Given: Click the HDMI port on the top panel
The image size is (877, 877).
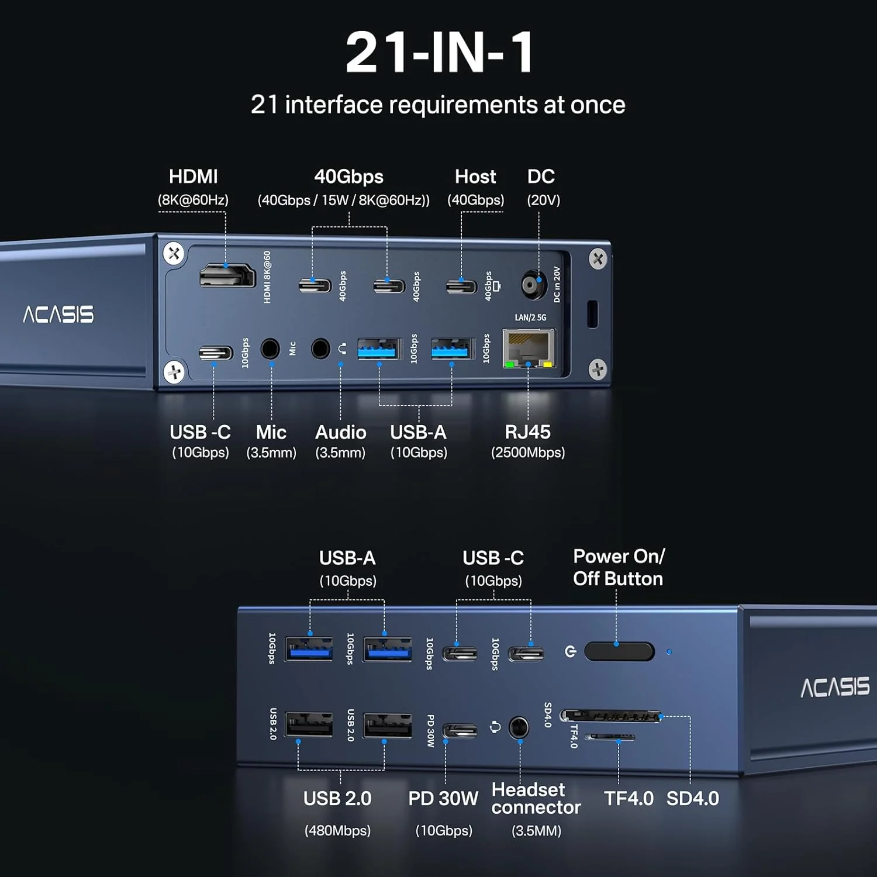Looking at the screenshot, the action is tap(227, 275).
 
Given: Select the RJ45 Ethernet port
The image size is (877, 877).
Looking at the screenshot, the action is tap(529, 348).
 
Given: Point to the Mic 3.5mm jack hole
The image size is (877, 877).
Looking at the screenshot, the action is tap(270, 348).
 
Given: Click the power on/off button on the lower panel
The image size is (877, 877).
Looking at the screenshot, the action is tap(619, 651).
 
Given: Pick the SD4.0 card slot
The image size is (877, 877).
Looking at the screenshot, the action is tap(611, 715).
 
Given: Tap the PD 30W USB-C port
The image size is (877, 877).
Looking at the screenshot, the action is tap(460, 730).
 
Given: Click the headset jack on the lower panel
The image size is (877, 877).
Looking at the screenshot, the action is tap(519, 728).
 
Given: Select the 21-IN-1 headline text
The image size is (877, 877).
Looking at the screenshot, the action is tap(439, 52).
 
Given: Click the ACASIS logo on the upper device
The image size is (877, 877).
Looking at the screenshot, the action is tap(58, 315).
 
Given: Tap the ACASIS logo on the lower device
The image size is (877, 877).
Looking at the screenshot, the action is tap(835, 688).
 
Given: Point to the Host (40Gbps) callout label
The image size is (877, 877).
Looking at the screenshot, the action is tap(476, 188).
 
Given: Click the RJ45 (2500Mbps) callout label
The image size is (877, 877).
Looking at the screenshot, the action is tap(528, 441).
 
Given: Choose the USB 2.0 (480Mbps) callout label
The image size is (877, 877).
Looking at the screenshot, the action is tap(337, 813).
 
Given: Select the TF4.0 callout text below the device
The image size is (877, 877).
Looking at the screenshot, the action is tap(629, 799).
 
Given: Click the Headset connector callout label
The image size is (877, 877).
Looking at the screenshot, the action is tap(536, 810).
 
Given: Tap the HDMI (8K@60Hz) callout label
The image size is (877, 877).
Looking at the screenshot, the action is tap(193, 188).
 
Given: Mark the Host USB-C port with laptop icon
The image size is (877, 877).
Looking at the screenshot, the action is tap(461, 286).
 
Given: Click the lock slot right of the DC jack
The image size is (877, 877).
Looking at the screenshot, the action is tap(592, 314).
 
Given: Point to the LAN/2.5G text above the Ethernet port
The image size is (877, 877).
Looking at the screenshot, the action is tap(530, 317).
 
